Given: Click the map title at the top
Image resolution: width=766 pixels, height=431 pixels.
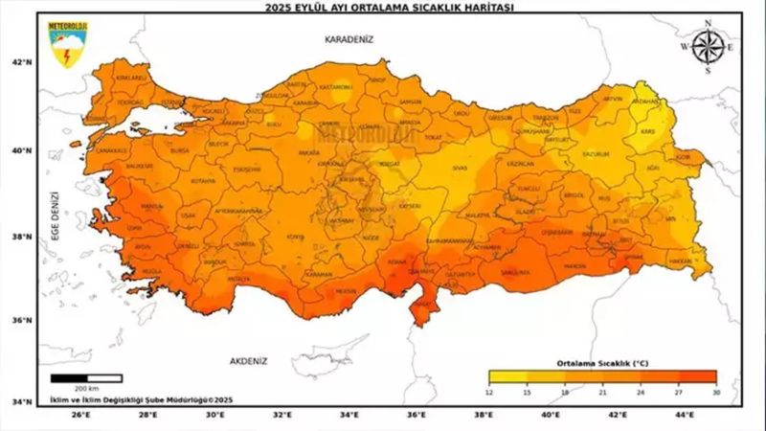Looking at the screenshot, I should click(x=383, y=7).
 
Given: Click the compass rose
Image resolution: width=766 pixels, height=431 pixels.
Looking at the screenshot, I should click(x=708, y=46).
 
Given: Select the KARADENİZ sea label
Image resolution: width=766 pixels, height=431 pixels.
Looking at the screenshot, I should click(x=349, y=39).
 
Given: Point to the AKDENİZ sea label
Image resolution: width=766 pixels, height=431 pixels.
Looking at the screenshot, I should click(x=249, y=361).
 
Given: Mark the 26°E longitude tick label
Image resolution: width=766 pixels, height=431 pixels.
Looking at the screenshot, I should click(x=81, y=416).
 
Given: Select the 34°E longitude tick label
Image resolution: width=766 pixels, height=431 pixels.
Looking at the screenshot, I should click(x=349, y=416).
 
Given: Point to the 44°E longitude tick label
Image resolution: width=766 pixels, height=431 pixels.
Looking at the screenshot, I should click(x=685, y=416).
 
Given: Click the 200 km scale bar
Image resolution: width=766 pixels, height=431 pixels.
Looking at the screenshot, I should click(x=86, y=378).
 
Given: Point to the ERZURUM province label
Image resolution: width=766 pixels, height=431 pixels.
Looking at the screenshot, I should click(x=596, y=153).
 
